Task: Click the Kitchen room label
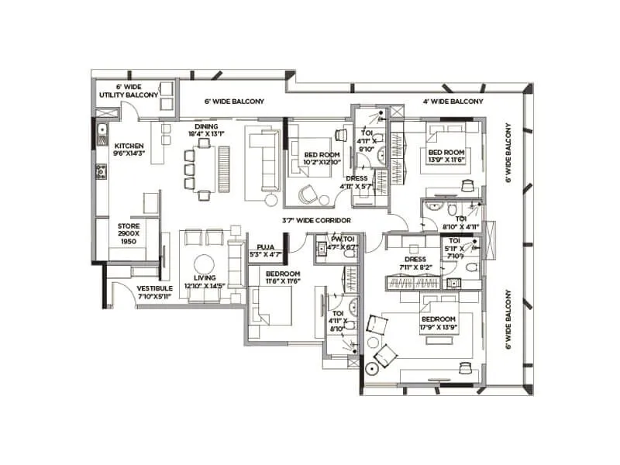(129, 150)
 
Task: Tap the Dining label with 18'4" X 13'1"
(206, 130)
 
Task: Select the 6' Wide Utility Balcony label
(129, 91)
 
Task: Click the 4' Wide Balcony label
(453, 102)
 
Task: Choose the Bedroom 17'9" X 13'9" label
(437, 323)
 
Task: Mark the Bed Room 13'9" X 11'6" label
(446, 155)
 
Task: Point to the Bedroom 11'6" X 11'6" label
(283, 277)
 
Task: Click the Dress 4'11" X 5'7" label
(357, 182)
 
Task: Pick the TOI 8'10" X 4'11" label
(460, 223)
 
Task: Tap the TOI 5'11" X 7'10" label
(454, 247)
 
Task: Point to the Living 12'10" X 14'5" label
(205, 282)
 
